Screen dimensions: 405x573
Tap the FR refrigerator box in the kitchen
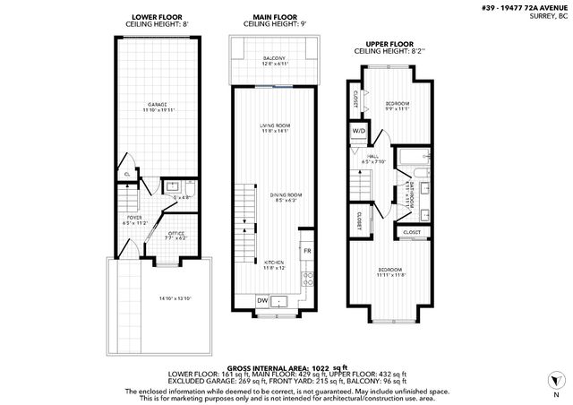[x=306, y=251]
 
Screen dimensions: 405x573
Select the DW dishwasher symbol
[x=262, y=300]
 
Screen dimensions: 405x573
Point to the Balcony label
[x=274, y=61]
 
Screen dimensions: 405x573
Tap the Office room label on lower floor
[x=176, y=236]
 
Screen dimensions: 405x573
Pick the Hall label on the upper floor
[x=372, y=159]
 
